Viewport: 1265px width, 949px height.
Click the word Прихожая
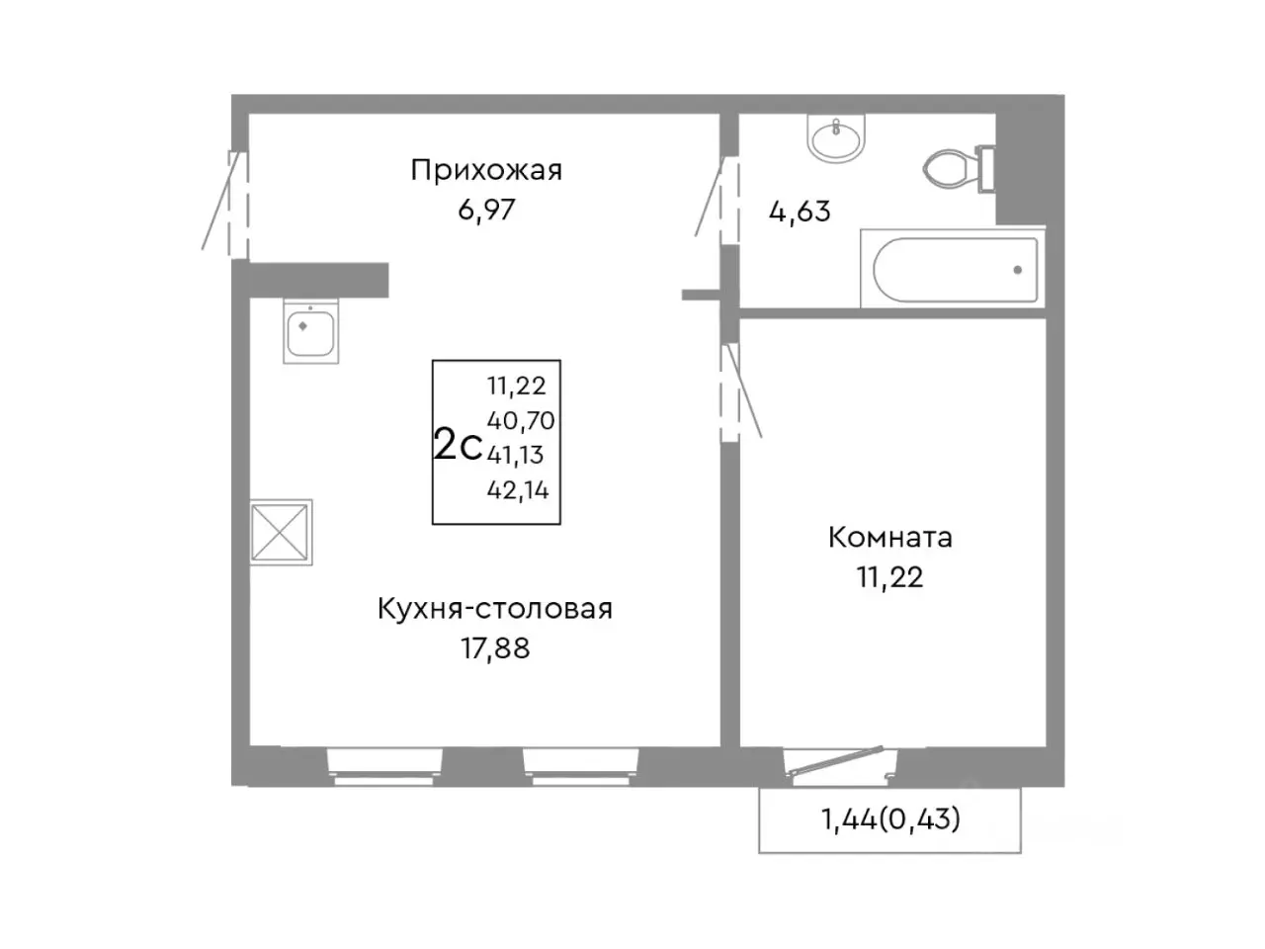(x=486, y=171)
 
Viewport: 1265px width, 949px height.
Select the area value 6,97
(x=486, y=210)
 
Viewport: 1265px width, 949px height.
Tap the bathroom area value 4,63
(x=800, y=212)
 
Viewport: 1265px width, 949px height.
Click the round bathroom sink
(x=836, y=137)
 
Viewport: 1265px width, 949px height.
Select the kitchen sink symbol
(x=311, y=330)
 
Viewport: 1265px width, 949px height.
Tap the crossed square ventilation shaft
(x=282, y=533)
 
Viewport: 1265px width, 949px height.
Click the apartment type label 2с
(x=458, y=446)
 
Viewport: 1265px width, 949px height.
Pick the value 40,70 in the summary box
(x=520, y=421)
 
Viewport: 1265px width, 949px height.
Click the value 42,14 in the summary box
(x=518, y=489)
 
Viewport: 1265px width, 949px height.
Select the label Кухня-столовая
(x=495, y=609)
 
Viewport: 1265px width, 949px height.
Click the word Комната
(x=889, y=538)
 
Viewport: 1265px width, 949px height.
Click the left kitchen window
(x=385, y=765)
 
